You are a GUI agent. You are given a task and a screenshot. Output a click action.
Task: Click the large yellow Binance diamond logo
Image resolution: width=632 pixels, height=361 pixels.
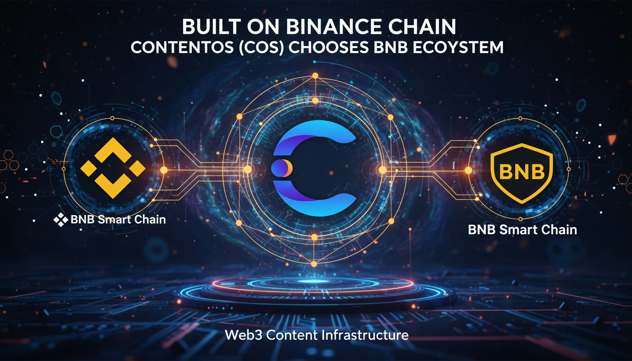(x=113, y=168)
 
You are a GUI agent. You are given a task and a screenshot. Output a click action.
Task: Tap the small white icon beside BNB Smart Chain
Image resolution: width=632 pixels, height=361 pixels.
(x=61, y=219)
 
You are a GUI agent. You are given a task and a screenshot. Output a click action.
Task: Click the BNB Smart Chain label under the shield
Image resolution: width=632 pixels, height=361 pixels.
(x=522, y=230)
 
